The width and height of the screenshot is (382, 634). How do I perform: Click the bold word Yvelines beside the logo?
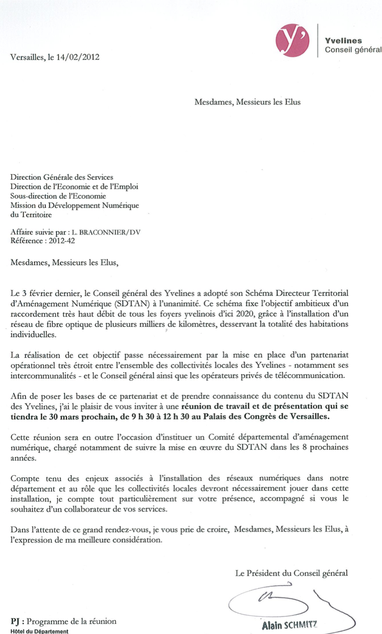pos(343,40)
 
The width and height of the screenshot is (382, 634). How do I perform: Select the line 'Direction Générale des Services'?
pos(62,177)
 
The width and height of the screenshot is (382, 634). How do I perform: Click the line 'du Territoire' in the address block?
pos(32,215)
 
